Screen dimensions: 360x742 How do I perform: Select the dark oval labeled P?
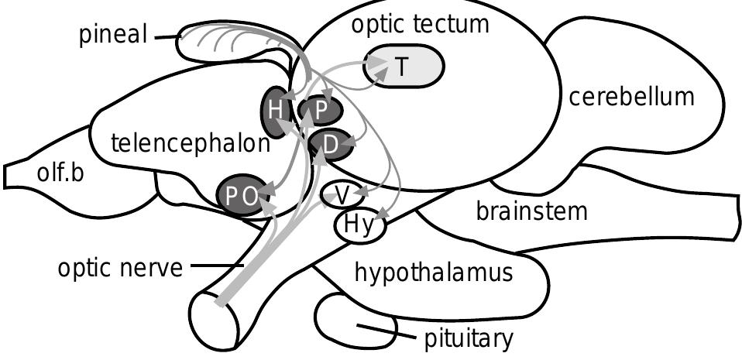[321, 111]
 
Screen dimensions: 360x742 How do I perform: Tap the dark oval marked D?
[328, 145]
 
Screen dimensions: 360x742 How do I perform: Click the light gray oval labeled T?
[403, 67]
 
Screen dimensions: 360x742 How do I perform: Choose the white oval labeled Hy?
[359, 226]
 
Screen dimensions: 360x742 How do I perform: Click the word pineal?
[113, 36]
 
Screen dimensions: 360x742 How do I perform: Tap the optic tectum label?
[420, 24]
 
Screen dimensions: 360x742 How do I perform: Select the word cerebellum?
[630, 97]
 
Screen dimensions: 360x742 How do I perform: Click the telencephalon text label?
[190, 142]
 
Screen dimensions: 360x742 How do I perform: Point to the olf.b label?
[60, 173]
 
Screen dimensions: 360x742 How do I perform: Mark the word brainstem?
[531, 210]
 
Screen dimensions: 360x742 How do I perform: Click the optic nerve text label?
[119, 269]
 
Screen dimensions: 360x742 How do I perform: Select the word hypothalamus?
[434, 273]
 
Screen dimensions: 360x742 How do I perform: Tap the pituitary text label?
[468, 338]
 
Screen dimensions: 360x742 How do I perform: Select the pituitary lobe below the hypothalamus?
[349, 321]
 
